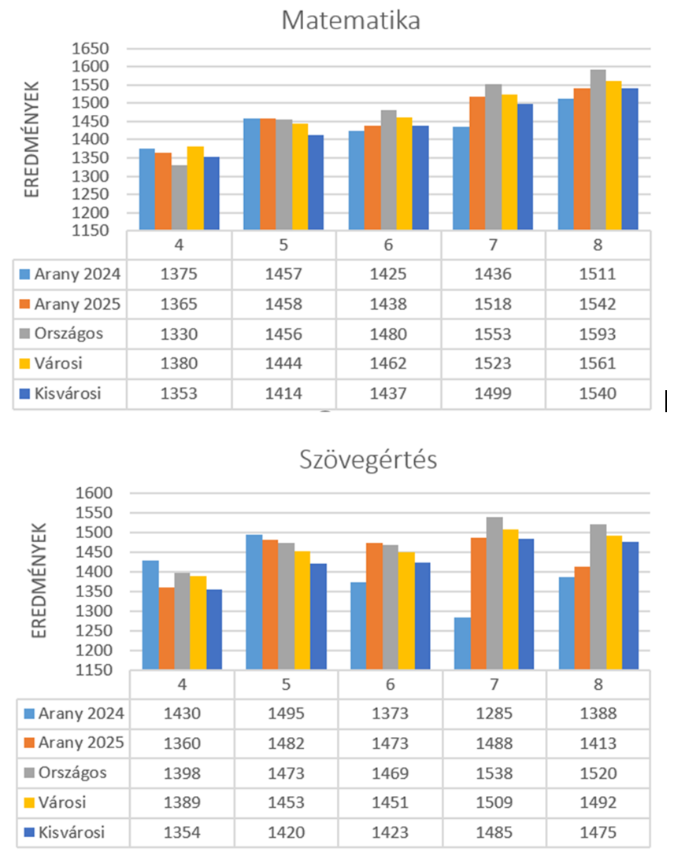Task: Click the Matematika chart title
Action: (x=350, y=20)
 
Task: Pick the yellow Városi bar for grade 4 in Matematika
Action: (x=195, y=188)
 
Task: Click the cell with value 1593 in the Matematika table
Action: (x=598, y=334)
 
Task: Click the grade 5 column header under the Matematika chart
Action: (x=284, y=245)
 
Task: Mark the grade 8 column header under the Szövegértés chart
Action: (x=598, y=684)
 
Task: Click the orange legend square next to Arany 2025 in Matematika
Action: (x=26, y=304)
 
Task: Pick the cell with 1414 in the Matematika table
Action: (x=284, y=393)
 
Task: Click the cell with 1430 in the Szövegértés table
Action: (x=181, y=714)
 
